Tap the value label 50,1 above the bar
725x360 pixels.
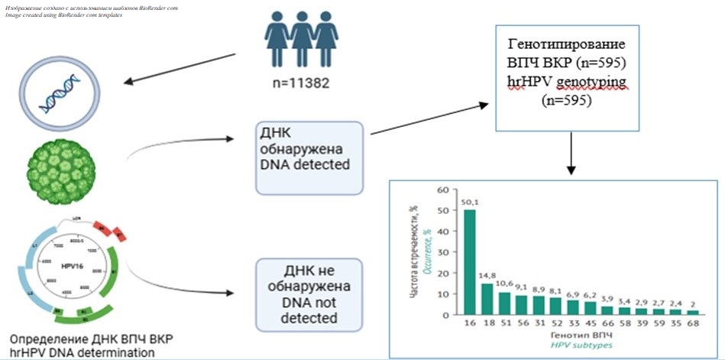pyautogui.click(x=470, y=202)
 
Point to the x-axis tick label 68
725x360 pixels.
pyautogui.click(x=693, y=323)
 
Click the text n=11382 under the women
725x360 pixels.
pyautogui.click(x=299, y=82)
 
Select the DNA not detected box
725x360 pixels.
pyautogui.click(x=305, y=291)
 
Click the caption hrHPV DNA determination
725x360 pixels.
pyautogui.click(x=81, y=352)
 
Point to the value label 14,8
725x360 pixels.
pyautogui.click(x=487, y=276)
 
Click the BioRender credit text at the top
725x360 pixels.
pyautogui.click(x=92, y=11)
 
